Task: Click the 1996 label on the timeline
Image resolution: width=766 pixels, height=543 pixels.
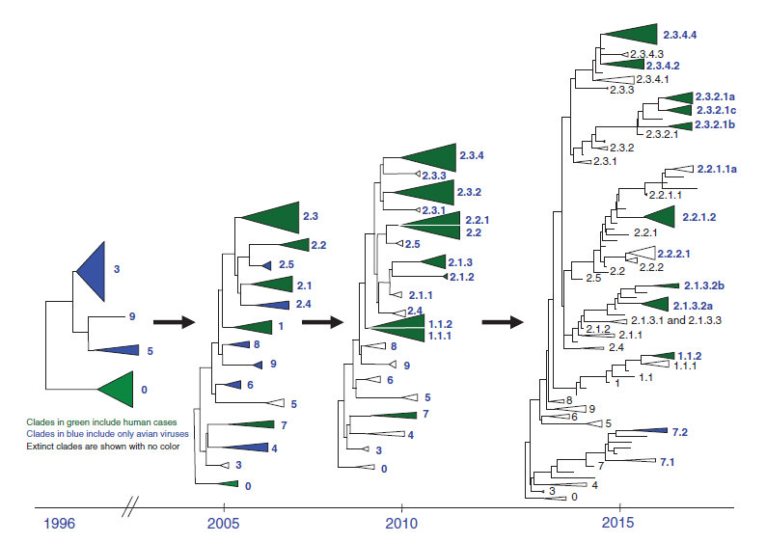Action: [x=57, y=525]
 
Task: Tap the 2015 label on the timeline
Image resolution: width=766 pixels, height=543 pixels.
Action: [x=619, y=525]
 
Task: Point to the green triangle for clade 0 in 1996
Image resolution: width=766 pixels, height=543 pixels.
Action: [x=118, y=389]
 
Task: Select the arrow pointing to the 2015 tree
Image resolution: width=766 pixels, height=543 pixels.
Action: [x=503, y=321]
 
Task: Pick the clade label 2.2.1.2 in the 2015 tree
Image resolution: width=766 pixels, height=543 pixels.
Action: [x=698, y=217]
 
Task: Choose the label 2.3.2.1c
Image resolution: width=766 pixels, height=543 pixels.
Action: [x=716, y=111]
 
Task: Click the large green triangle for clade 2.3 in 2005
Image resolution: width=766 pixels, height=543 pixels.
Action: [x=276, y=216]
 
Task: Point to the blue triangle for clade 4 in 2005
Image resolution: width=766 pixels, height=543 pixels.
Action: [x=246, y=448]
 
